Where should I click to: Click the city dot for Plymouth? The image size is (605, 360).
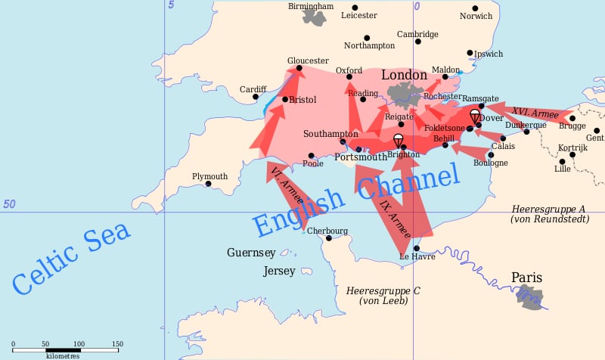pos(208,184)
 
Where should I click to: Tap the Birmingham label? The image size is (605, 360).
pos(310,6)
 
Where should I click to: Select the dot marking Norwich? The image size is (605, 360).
pos(475,8)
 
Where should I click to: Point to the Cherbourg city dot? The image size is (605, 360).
pos(329,238)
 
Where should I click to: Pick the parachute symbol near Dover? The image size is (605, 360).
pos(475,115)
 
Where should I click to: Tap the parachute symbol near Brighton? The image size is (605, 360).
pos(398,140)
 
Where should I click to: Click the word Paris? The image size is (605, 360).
pos(526,278)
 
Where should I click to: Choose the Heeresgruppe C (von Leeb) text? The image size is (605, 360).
pos(383,296)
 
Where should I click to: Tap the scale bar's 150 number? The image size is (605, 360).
pos(117,344)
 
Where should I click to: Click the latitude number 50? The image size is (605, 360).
pos(9,204)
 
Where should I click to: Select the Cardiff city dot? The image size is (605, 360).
pos(256,97)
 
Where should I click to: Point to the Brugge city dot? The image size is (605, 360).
pos(572,118)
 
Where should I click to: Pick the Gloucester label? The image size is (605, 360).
pos(308,61)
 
